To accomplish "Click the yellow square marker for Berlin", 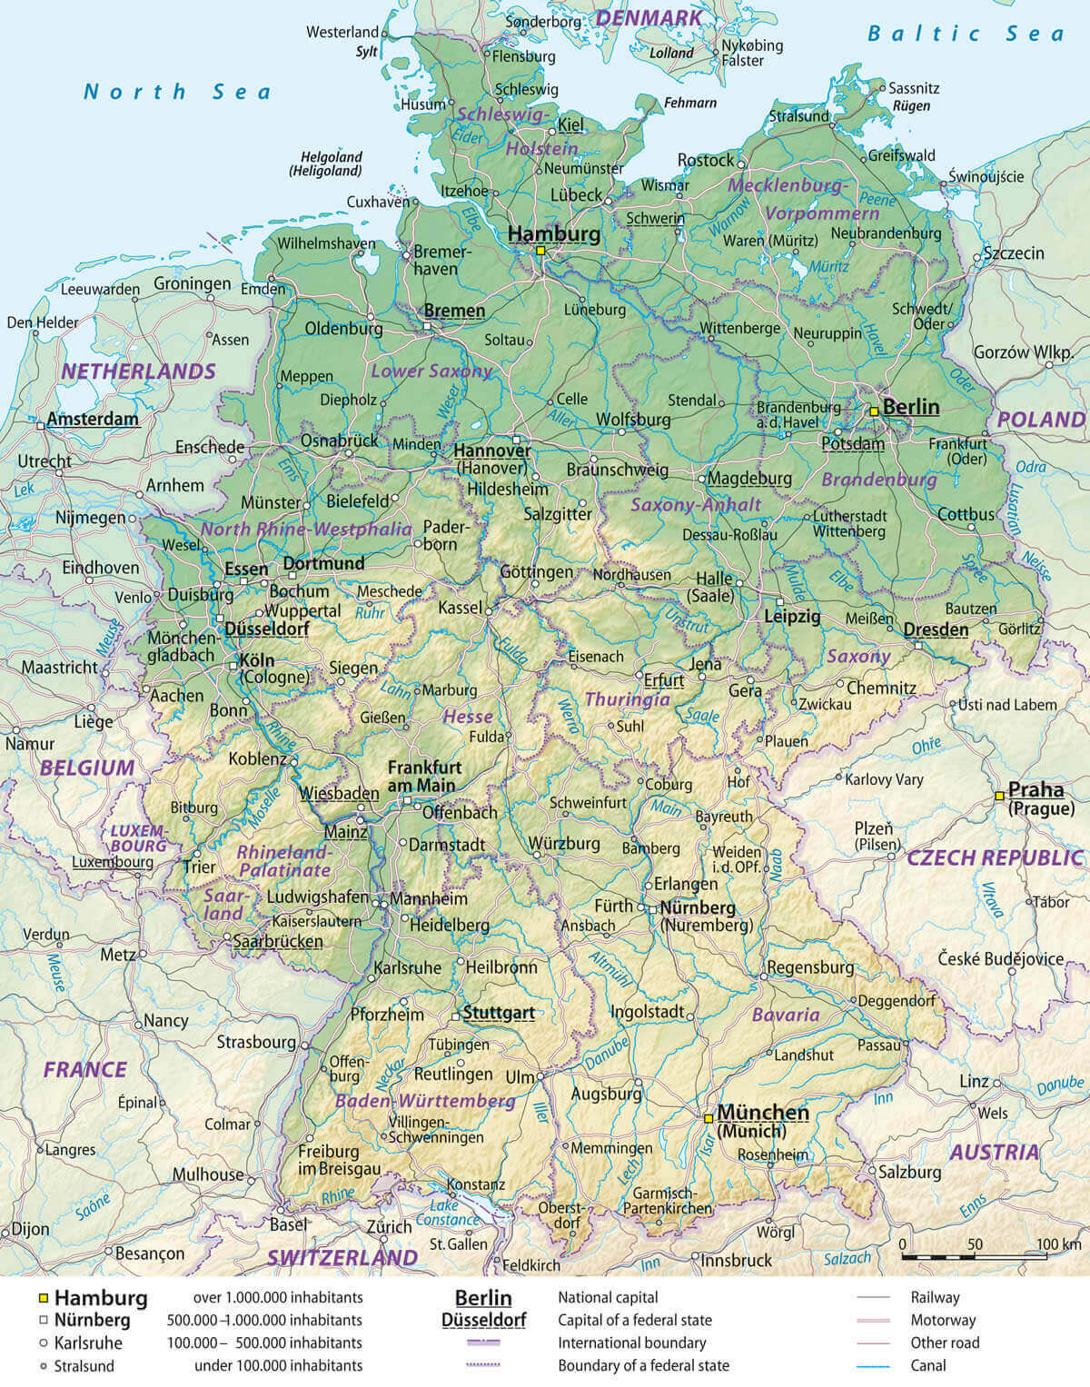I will click(x=873, y=411).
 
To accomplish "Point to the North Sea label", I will click(x=177, y=91).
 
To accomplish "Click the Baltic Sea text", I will click(x=965, y=34).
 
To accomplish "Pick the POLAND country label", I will click(x=1041, y=420).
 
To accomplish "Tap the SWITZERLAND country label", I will click(x=342, y=1257).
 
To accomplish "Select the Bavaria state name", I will click(x=786, y=1015).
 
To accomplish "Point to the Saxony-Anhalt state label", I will click(x=696, y=504).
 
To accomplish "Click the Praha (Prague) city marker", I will click(x=999, y=795).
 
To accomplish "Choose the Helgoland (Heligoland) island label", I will click(x=331, y=163).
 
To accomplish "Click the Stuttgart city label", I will click(x=498, y=1012).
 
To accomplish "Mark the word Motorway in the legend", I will click(x=943, y=1320).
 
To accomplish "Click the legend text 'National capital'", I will click(x=608, y=1297).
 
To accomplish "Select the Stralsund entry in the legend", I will click(x=84, y=1365).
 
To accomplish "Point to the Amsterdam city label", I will click(x=93, y=419).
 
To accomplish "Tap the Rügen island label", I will click(x=911, y=105).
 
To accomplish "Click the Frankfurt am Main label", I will click(x=424, y=776).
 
